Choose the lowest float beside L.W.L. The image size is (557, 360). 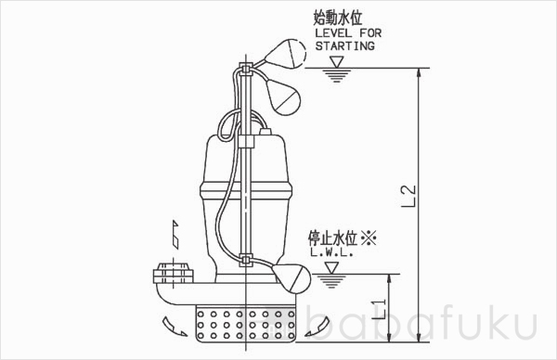(x=290, y=276)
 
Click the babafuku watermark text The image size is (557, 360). (x=436, y=328)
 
